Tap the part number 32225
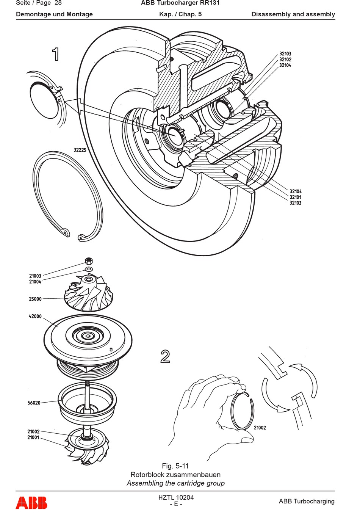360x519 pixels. [x=80, y=150]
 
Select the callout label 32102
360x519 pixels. [x=285, y=60]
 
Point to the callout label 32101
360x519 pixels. [x=296, y=197]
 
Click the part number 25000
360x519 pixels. [x=35, y=299]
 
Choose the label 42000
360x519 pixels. [x=35, y=316]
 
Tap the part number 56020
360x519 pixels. [x=34, y=403]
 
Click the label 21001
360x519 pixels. [x=34, y=437]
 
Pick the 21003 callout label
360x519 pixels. [x=35, y=276]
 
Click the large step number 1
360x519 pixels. [x=56, y=54]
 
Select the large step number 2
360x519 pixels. [x=165, y=356]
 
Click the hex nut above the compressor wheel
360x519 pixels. [x=89, y=261]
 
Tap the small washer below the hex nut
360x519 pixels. [x=88, y=269]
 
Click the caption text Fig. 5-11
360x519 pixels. [x=175, y=466]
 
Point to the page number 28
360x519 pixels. [x=58, y=3]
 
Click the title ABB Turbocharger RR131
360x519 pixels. [x=180, y=3]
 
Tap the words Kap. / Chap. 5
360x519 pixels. [x=180, y=14]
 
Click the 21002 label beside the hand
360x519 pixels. [x=260, y=428]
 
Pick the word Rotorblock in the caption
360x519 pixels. [x=146, y=475]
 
